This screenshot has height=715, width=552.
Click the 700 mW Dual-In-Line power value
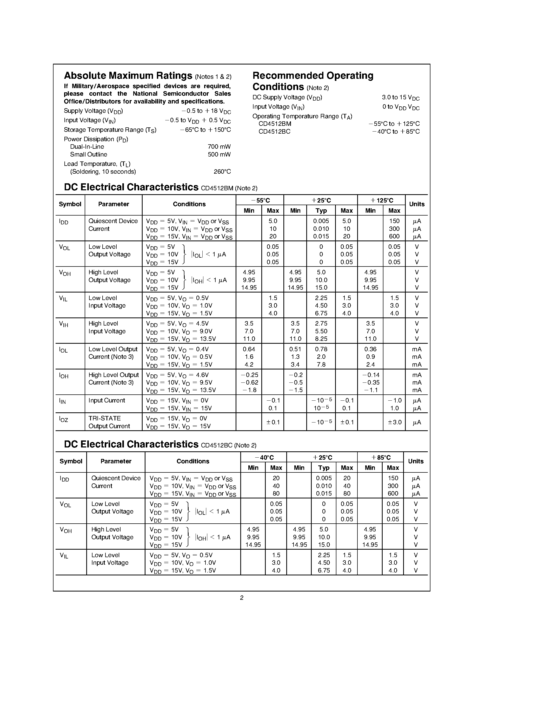(x=219, y=147)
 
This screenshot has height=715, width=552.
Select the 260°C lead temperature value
(x=222, y=172)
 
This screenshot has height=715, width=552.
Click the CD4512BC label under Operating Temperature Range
(x=274, y=132)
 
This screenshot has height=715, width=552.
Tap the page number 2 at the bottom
(x=242, y=598)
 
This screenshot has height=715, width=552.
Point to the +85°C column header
(x=380, y=457)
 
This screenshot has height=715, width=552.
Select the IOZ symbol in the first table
(x=63, y=419)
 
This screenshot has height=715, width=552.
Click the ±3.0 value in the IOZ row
(x=394, y=422)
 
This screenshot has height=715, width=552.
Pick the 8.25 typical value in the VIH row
(x=321, y=339)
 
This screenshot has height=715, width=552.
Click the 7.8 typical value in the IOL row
(x=321, y=364)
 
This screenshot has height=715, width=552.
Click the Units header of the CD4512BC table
(x=416, y=461)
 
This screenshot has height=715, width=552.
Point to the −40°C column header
(x=264, y=457)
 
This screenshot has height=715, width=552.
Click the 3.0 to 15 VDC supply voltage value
(x=400, y=97)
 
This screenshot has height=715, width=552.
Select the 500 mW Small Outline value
(x=219, y=154)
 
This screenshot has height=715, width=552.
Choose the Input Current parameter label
(x=107, y=400)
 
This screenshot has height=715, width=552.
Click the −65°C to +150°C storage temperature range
(x=205, y=130)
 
